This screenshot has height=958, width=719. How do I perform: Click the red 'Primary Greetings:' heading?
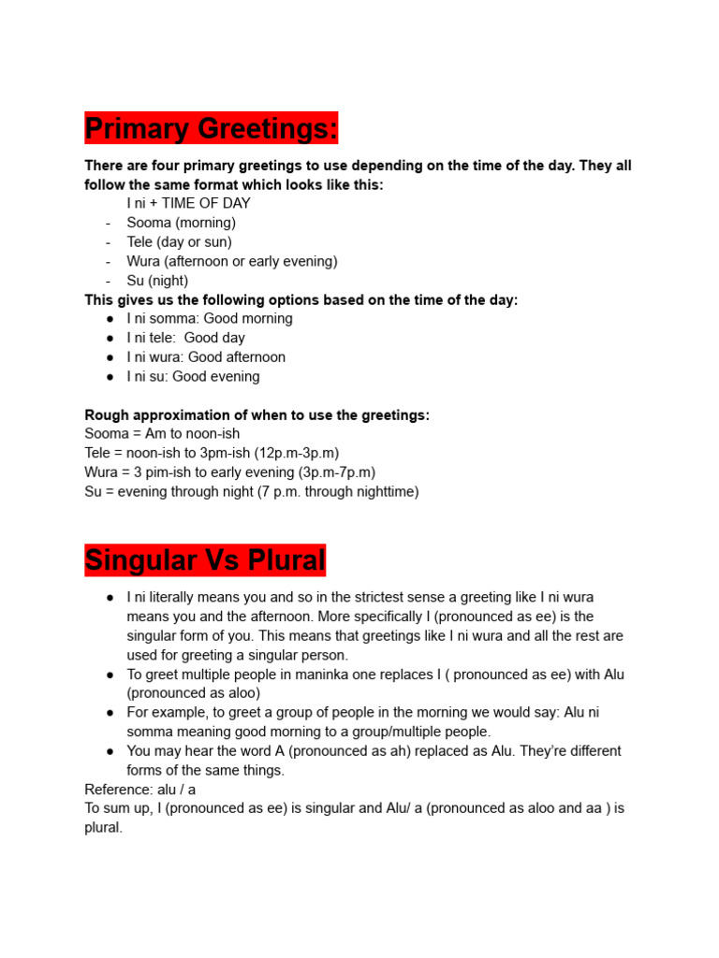[x=211, y=129]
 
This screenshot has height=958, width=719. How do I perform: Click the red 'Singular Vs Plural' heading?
[x=205, y=560]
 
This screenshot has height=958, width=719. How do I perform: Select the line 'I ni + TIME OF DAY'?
[x=188, y=203]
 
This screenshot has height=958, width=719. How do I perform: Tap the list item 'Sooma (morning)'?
[x=181, y=223]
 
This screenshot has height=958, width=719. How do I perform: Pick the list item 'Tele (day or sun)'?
[x=179, y=242]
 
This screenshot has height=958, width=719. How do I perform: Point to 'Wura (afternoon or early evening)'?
[x=232, y=261]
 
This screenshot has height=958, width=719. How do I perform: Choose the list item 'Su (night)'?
[x=157, y=281]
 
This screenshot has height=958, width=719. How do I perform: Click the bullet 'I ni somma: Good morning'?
[x=210, y=318]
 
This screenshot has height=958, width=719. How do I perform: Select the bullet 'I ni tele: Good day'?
[x=185, y=338]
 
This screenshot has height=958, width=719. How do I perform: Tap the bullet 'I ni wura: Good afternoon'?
[x=206, y=357]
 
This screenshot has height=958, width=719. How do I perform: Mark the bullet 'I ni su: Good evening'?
[x=193, y=376]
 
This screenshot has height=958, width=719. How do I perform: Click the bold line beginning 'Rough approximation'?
[x=257, y=414]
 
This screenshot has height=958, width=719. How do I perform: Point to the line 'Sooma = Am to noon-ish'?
[x=162, y=434]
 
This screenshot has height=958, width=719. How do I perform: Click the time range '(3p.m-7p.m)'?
[x=337, y=472]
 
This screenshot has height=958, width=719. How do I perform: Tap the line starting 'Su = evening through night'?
[x=251, y=491]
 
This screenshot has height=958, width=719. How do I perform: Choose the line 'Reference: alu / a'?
[x=139, y=790]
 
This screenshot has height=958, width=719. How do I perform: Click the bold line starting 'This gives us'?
[x=301, y=299]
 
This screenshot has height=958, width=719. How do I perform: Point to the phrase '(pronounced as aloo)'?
[x=193, y=693]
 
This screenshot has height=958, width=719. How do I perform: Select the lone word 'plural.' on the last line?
[x=103, y=828]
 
